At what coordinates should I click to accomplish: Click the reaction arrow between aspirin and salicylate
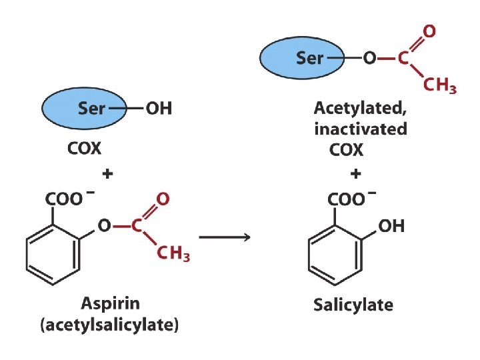pyautogui.click(x=224, y=237)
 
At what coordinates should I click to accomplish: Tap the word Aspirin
pyautogui.click(x=110, y=303)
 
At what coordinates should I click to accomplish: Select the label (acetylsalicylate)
pyautogui.click(x=110, y=326)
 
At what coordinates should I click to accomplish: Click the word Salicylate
pyautogui.click(x=353, y=306)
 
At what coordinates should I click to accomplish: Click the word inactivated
pyautogui.click(x=360, y=129)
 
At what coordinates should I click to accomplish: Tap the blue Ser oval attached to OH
pyautogui.click(x=84, y=107)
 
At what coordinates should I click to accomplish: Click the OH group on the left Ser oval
pyautogui.click(x=159, y=108)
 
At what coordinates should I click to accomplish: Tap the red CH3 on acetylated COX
pyautogui.click(x=440, y=85)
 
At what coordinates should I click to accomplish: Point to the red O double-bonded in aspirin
pyautogui.click(x=162, y=198)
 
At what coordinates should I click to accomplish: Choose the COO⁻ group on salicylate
pyautogui.click(x=349, y=199)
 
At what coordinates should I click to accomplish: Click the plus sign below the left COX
pyautogui.click(x=107, y=174)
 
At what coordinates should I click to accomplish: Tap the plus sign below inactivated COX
pyautogui.click(x=357, y=174)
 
